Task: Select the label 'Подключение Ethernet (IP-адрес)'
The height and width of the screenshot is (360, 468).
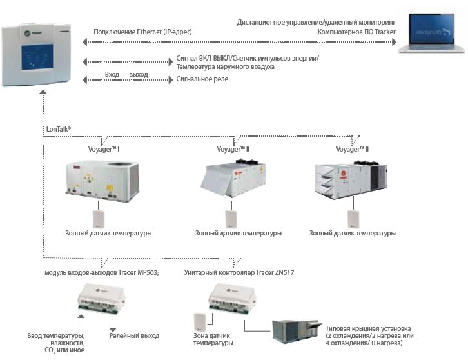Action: [142, 31]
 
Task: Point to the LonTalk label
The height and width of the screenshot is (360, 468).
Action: [59, 128]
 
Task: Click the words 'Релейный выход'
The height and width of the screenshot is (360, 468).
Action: [134, 335]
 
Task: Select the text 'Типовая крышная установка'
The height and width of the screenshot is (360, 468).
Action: [367, 328]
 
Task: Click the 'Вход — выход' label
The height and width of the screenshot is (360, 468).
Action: [126, 75]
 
